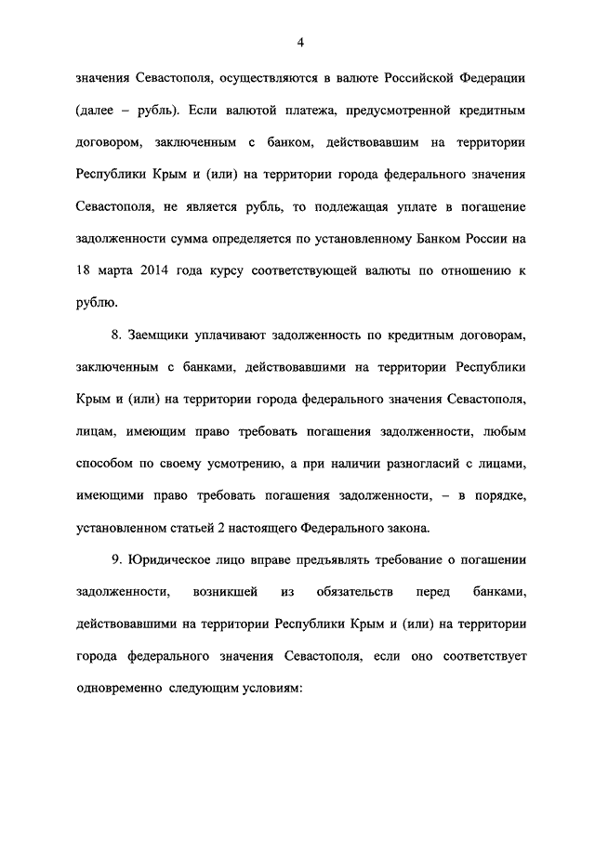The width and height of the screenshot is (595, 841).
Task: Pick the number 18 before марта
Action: point(83,271)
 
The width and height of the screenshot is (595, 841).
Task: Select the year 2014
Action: point(142,271)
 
